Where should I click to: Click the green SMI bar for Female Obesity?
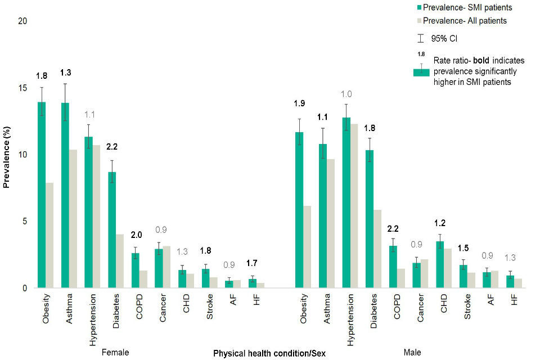42,195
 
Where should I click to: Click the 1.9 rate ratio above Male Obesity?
299,103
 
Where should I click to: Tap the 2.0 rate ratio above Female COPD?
136,235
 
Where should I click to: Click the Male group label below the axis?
412,353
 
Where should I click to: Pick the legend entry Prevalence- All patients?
465,21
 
